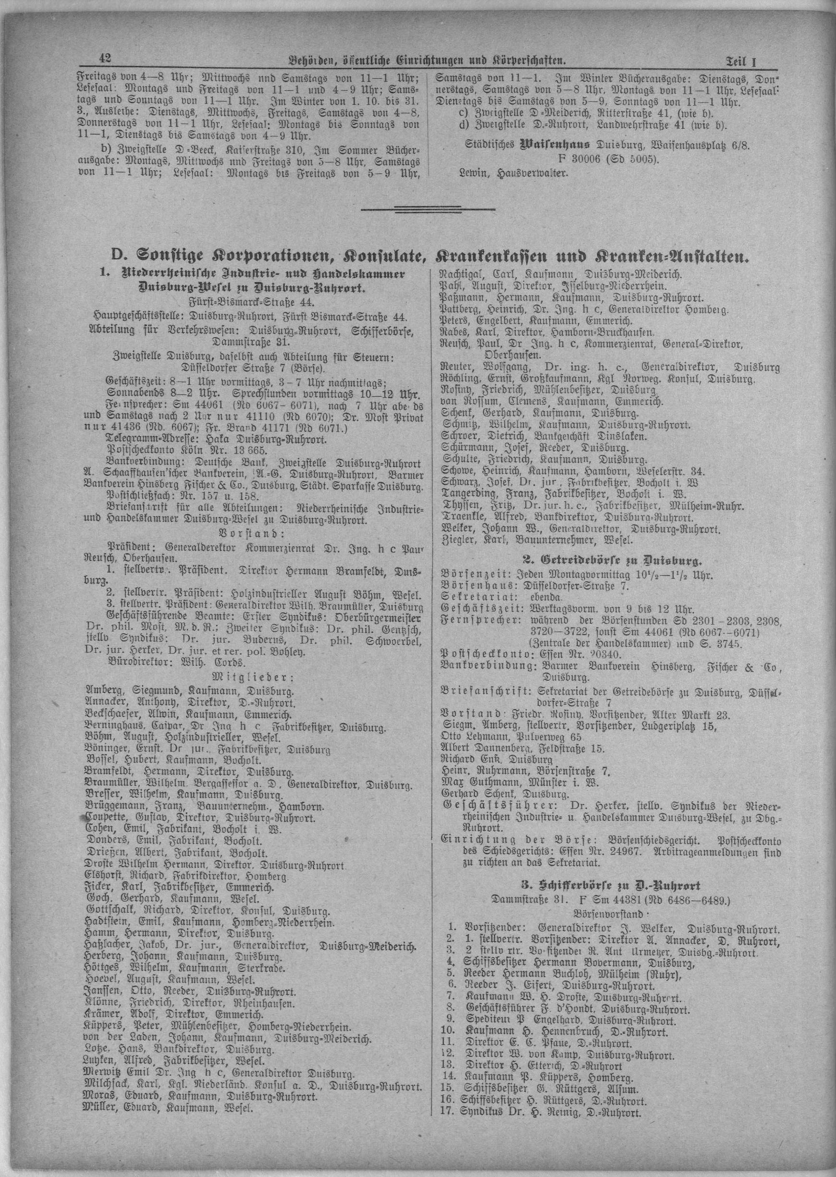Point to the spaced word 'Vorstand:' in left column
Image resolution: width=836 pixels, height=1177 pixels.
(250, 532)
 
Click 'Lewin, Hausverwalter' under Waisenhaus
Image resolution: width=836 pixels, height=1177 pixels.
(513, 173)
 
